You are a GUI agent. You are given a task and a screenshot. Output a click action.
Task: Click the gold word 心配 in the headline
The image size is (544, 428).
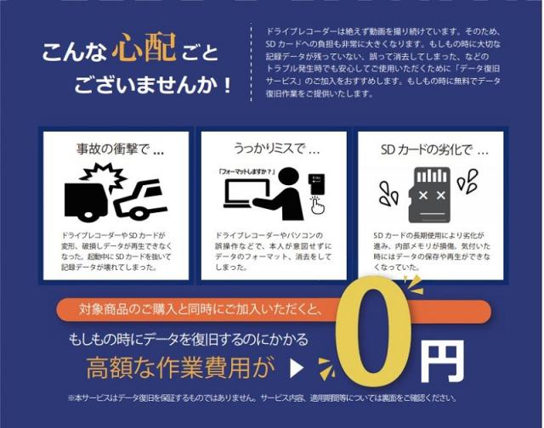pos(144,48)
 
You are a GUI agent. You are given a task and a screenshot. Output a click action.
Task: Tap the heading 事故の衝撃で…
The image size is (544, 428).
pos(120,149)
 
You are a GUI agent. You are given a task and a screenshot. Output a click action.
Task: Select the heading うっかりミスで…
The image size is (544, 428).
pos(276,149)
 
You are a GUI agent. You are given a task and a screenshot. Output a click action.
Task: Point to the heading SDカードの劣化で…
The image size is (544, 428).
pos(434,150)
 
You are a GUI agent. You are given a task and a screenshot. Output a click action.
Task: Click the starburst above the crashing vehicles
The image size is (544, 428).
pos(104,176)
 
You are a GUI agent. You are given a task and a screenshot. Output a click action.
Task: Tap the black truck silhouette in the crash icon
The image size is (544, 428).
pos(86,201)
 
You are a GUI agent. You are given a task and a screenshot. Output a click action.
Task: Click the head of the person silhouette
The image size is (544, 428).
pos(289,177)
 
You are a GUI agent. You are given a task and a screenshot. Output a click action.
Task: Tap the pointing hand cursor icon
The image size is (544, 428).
pos(317,206)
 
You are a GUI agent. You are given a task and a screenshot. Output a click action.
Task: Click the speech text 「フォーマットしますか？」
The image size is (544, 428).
pos(246,172)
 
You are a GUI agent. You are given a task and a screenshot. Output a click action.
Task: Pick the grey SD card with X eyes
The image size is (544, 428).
pos(430,194)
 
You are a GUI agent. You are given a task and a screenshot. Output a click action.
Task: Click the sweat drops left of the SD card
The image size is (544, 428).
pos(388,194)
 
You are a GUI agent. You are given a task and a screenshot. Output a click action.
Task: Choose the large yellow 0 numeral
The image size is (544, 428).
pos(372,330)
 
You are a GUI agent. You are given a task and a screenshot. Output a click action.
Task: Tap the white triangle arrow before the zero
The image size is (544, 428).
pos(297,369)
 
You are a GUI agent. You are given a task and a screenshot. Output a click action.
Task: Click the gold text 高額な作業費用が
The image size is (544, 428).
pos(180,368)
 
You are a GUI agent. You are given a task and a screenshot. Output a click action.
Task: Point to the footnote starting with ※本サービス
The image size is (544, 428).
pos(263,397)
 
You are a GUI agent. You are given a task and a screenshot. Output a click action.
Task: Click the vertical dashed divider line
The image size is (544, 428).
pos(251,62)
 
